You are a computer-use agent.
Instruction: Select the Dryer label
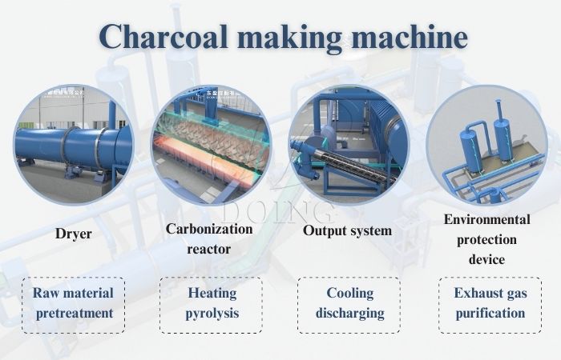tap(73, 234)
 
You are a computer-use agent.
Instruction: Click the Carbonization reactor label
tap(209, 238)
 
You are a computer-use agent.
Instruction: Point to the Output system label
tap(347, 231)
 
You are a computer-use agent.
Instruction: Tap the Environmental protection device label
tap(486, 239)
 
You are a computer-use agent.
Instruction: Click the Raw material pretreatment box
tap(74, 304)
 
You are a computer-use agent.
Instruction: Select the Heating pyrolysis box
tap(211, 304)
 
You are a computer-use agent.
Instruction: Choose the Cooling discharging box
tap(349, 304)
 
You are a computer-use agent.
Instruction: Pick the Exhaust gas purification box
tap(489, 304)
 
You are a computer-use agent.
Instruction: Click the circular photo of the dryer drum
tap(73, 145)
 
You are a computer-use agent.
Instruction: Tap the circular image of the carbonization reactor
tap(209, 145)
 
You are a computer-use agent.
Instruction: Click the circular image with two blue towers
tap(486, 145)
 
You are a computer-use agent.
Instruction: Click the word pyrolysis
tap(211, 314)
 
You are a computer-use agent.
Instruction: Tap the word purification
tap(489, 314)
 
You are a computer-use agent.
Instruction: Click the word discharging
tap(349, 314)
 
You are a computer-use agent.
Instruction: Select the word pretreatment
tap(74, 314)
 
